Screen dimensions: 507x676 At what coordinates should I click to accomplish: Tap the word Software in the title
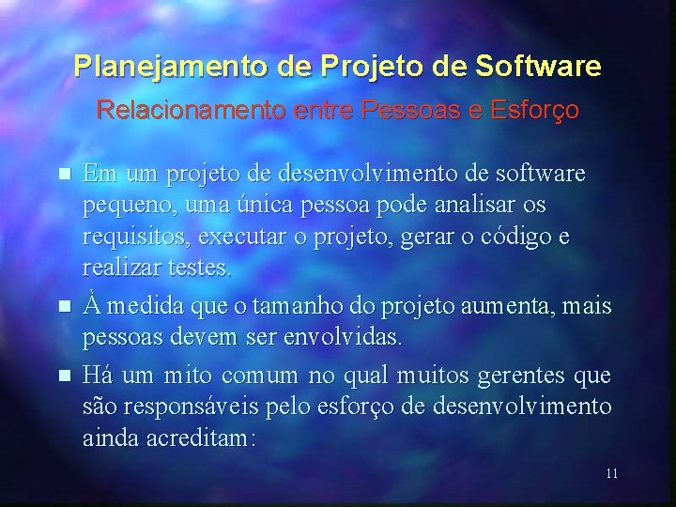(539, 68)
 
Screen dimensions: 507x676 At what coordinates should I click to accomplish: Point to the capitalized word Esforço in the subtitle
(532, 111)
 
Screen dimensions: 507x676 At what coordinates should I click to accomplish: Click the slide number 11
(611, 473)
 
